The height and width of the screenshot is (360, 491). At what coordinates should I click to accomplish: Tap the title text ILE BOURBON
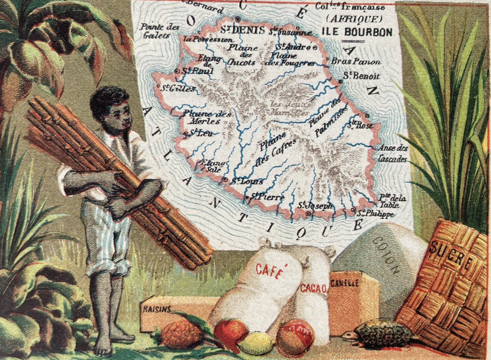[x=357, y=32]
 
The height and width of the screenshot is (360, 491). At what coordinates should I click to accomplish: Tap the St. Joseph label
[x=315, y=206]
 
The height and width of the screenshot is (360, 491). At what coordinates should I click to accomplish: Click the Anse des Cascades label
[x=394, y=153]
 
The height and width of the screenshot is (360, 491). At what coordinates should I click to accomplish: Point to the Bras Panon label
[x=355, y=62]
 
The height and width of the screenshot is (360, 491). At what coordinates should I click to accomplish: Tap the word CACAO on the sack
[x=313, y=288]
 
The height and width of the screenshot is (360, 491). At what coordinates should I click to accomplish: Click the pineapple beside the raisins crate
[x=182, y=335]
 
